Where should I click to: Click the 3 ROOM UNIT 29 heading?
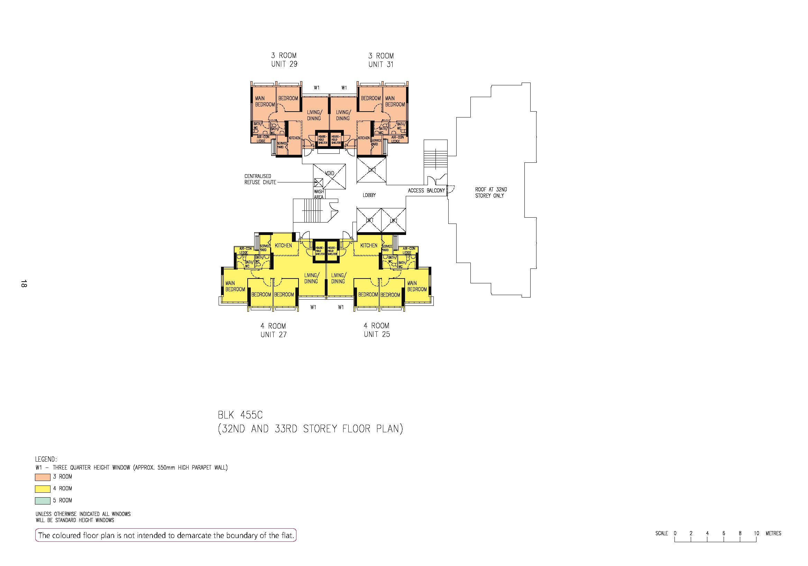coord(284,60)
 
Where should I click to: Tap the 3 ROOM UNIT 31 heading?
coord(381,60)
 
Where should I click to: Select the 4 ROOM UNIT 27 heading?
coord(274,330)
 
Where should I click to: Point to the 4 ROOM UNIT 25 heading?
coord(377,330)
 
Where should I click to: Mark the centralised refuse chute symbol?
coord(319,182)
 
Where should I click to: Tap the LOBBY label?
coord(369,195)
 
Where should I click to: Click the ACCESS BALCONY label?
coord(426,191)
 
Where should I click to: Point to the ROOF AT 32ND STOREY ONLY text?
coord(491,193)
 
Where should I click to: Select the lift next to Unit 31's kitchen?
coord(371,170)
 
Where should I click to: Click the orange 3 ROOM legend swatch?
coord(43,477)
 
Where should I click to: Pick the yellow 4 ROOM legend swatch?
coord(43,489)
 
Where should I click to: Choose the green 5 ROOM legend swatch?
coord(43,501)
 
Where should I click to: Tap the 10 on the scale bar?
coord(756,533)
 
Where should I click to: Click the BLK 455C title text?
coord(240,415)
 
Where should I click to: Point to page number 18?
coord(24,284)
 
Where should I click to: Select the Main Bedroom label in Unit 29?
coord(265,101)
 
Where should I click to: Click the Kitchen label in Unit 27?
coord(283,245)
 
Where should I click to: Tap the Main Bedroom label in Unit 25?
coord(417,286)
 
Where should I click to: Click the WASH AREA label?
coord(319,195)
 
